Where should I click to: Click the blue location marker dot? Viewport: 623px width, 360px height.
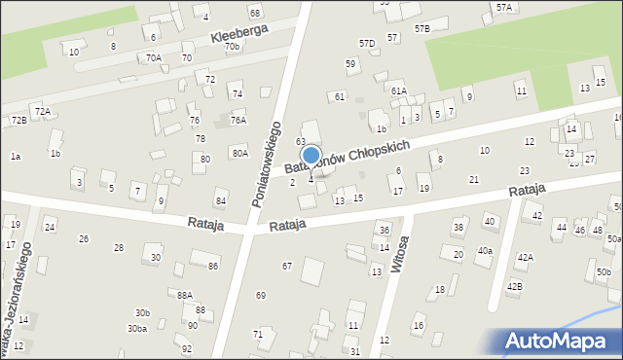tap(311, 155)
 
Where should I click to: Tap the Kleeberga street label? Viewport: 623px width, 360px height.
tap(239, 34)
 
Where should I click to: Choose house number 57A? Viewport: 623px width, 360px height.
tap(503, 7)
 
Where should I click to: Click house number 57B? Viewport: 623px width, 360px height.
tap(421, 29)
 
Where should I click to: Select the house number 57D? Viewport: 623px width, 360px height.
tap(367, 44)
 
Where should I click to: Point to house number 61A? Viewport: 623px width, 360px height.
tap(399, 90)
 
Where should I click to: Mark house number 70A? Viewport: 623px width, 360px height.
tap(154, 58)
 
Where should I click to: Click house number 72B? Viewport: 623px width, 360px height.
tap(18, 120)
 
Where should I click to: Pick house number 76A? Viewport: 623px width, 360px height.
tap(238, 121)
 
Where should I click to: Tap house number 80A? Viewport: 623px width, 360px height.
tap(239, 154)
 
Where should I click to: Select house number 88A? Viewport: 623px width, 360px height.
tap(185, 295)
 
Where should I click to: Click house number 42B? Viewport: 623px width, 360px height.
tap(513, 286)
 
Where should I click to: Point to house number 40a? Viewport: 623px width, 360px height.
tap(485, 251)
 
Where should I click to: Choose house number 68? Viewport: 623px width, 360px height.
tap(255, 13)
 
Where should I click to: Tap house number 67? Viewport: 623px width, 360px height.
tap(287, 266)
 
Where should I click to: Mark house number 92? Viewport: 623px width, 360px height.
tap(187, 348)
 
